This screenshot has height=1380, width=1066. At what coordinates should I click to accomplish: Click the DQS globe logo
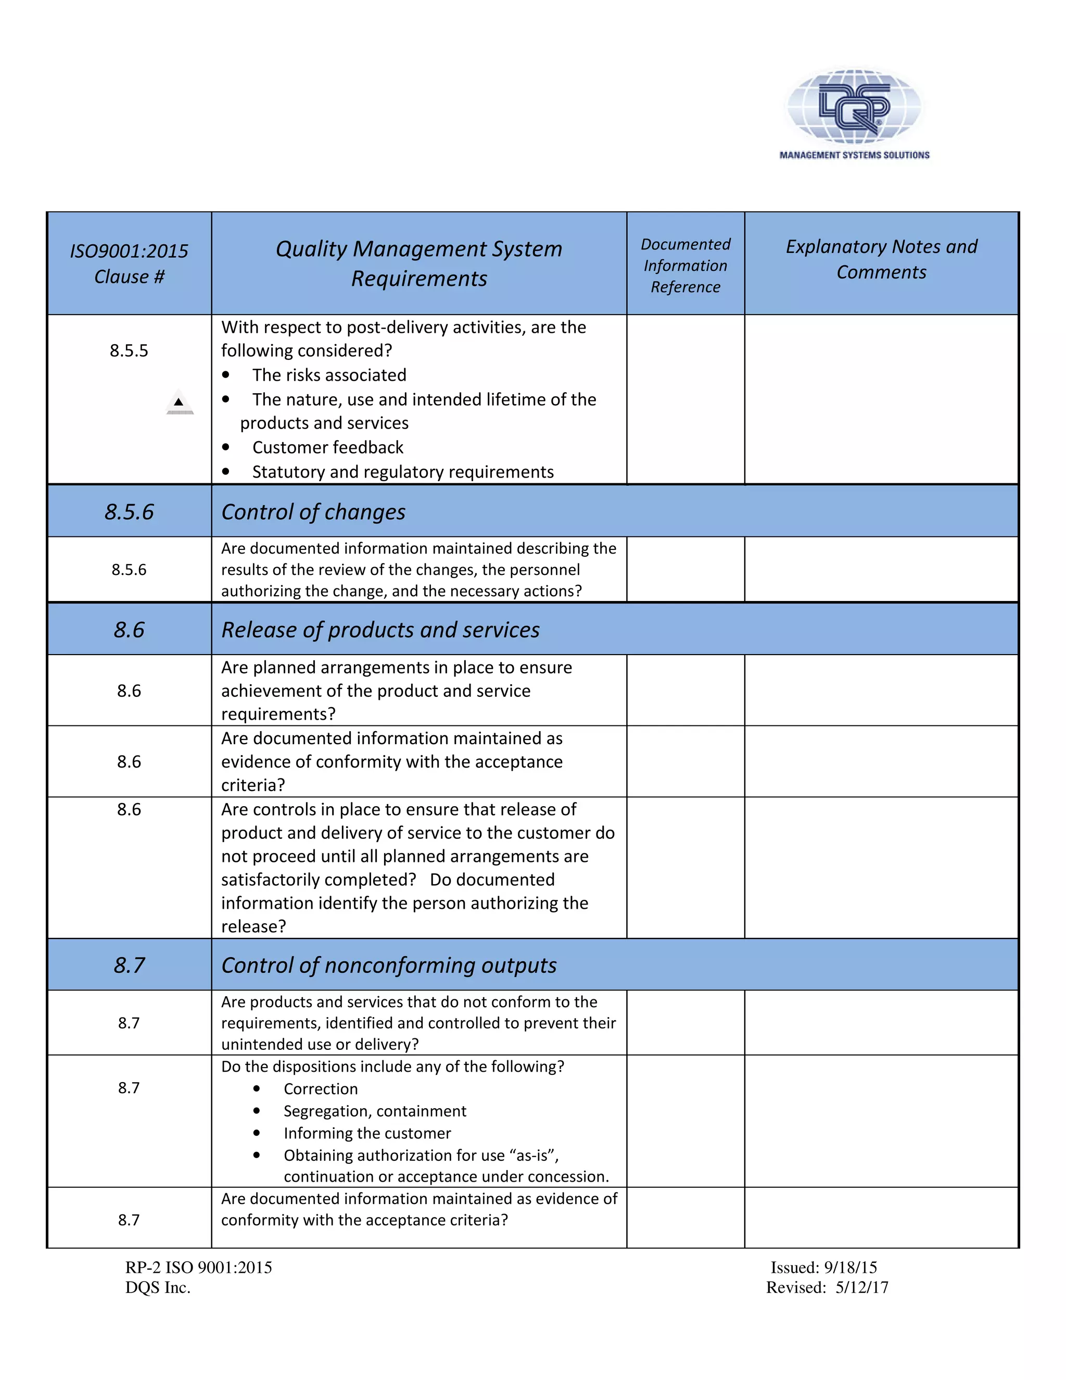[854, 105]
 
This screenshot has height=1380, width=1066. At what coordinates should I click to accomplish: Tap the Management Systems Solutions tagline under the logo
[854, 155]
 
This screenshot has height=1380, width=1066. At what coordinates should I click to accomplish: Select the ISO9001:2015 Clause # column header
[129, 264]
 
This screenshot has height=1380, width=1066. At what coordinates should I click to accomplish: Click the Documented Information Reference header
[685, 266]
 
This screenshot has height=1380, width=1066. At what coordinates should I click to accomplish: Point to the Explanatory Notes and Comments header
[881, 259]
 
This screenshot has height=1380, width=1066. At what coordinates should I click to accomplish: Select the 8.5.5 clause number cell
[129, 350]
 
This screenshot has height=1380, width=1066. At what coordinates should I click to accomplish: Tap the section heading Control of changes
[313, 512]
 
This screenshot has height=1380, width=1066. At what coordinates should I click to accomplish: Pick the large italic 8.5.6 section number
[129, 512]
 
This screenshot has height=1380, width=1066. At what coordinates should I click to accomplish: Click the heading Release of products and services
[380, 630]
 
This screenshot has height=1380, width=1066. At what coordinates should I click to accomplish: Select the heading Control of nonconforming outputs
[388, 965]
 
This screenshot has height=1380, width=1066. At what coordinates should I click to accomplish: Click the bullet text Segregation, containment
[374, 1111]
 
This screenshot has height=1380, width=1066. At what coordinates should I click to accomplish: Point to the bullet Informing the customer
[367, 1133]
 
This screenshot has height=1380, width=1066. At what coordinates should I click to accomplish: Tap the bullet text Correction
[320, 1089]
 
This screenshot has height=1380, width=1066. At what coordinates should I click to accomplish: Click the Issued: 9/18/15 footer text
[823, 1268]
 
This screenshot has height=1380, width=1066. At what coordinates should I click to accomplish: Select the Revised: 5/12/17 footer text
[827, 1288]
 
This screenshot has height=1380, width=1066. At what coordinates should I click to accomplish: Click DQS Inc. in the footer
[158, 1288]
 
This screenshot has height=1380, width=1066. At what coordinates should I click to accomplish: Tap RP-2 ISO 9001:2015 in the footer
[198, 1268]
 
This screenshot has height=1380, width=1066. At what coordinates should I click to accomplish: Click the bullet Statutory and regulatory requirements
[402, 472]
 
